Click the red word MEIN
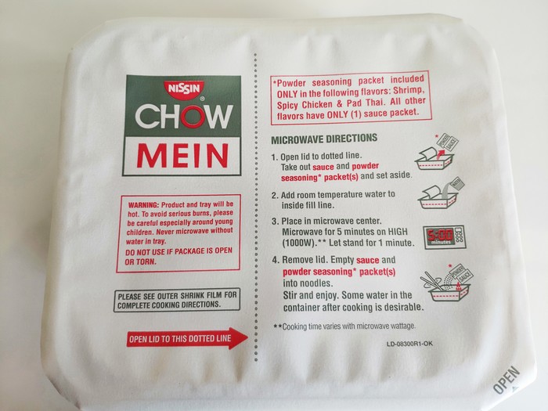pyautogui.click(x=182, y=156)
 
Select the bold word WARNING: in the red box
pyautogui.click(x=143, y=205)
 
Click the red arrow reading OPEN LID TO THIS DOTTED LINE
pyautogui.click(x=187, y=338)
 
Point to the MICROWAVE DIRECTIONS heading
pyautogui.click(x=324, y=139)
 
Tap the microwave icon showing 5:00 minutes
pyautogui.click(x=444, y=237)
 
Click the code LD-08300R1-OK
pyautogui.click(x=409, y=344)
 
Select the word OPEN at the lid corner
pyautogui.click(x=507, y=380)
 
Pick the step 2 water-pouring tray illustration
pyautogui.click(x=441, y=193)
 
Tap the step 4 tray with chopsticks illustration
pyautogui.click(x=447, y=283)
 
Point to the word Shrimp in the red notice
pyautogui.click(x=409, y=91)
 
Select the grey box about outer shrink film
pyautogui.click(x=177, y=300)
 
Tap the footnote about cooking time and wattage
pyautogui.click(x=344, y=326)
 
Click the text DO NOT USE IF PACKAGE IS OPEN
pyautogui.click(x=178, y=251)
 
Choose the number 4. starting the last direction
pyautogui.click(x=276, y=261)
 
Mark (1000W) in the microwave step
pyautogui.click(x=297, y=243)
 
